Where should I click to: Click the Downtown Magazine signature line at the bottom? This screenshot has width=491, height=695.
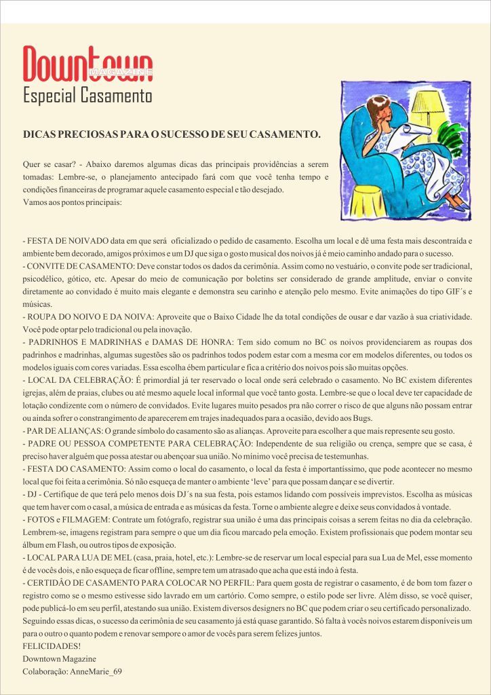60,658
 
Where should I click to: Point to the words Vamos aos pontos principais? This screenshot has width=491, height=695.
72,202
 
